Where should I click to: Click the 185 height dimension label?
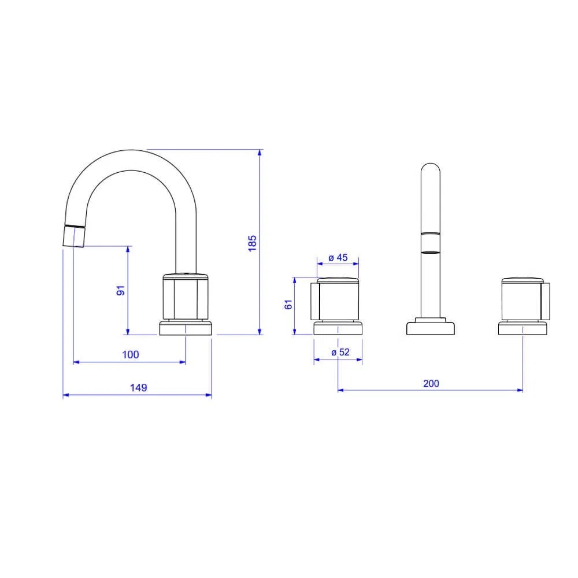click(252, 243)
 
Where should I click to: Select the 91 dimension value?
click(121, 290)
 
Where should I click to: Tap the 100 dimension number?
click(131, 355)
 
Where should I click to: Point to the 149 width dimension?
click(138, 388)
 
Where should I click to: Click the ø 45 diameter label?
click(338, 258)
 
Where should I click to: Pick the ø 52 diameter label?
click(340, 353)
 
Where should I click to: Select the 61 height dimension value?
click(288, 305)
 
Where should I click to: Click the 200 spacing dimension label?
click(431, 383)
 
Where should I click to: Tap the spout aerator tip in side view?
click(74, 236)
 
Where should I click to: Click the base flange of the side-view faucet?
click(186, 328)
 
